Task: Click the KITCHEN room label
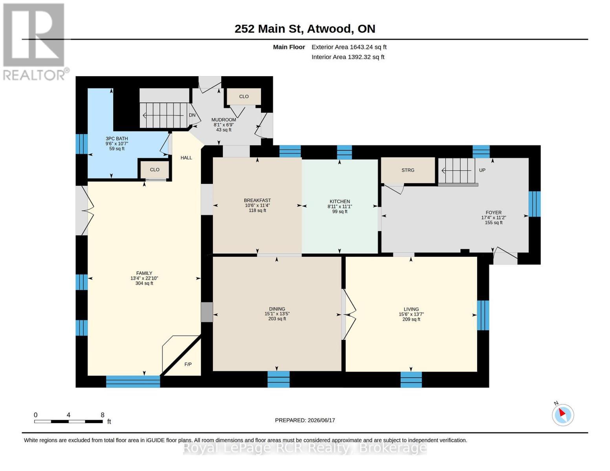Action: pyautogui.click(x=340, y=201)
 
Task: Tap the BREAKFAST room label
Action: pyautogui.click(x=257, y=200)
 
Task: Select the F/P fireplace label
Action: pyautogui.click(x=188, y=364)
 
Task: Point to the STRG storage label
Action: pyautogui.click(x=408, y=170)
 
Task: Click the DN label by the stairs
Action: pyautogui.click(x=192, y=115)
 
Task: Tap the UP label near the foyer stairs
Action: pyautogui.click(x=482, y=170)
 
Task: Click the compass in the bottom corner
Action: pyautogui.click(x=562, y=415)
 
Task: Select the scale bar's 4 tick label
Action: pyautogui.click(x=68, y=415)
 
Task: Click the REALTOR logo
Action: pyautogui.click(x=35, y=42)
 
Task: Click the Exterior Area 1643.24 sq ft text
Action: pyautogui.click(x=349, y=47)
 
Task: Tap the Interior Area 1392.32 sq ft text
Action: pyautogui.click(x=348, y=57)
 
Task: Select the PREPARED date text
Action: pyautogui.click(x=305, y=420)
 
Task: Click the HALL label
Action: pyautogui.click(x=186, y=158)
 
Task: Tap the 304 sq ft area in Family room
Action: pyautogui.click(x=144, y=283)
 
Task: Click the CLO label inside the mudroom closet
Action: pyautogui.click(x=244, y=97)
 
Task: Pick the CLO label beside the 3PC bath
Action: pyautogui.click(x=154, y=170)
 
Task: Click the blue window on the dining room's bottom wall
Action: pyautogui.click(x=278, y=379)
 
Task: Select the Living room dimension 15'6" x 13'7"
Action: pyautogui.click(x=411, y=314)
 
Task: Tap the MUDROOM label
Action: pyautogui.click(x=223, y=120)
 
